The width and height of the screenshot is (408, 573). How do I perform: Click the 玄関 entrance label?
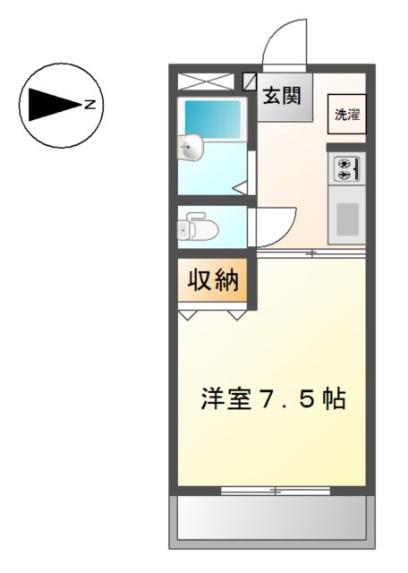coord(280,94)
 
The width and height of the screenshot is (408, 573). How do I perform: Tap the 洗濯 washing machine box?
coord(345,114)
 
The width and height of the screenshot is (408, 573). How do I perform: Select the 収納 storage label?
coord(213,281)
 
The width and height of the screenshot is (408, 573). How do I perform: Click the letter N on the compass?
coord(90,105)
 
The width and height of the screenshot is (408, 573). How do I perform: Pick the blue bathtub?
coord(213,118)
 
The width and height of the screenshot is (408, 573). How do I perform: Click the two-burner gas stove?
coord(346,168)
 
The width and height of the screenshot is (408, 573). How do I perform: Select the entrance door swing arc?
coord(285,43)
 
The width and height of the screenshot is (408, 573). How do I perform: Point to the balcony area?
coord(271,517)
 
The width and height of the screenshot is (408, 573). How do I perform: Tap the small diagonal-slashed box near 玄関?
coord(250,81)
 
